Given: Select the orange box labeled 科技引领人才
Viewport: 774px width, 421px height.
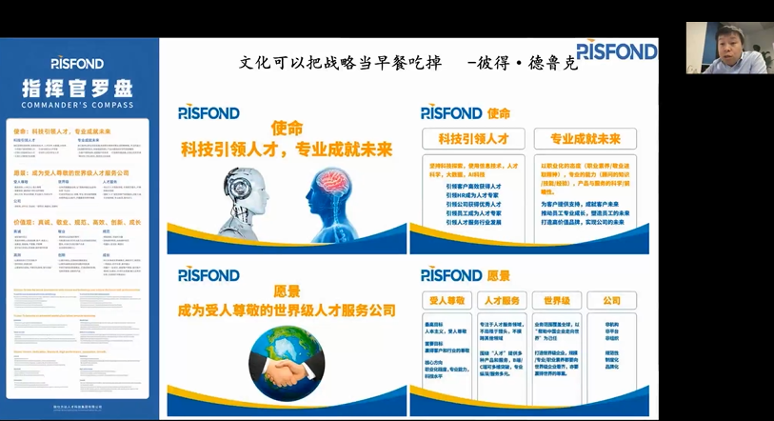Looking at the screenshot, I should pos(473,139).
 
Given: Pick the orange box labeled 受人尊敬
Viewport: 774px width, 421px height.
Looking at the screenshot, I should pos(446,301).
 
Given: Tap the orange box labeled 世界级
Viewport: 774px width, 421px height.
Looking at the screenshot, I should pos(557,301).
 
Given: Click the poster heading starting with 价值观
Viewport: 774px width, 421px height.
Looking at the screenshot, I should pos(76,222).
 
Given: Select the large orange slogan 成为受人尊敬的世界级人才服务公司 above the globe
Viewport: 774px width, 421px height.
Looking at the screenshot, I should pos(286,311).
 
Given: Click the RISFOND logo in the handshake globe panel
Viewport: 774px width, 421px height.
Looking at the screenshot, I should pos(208,275).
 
